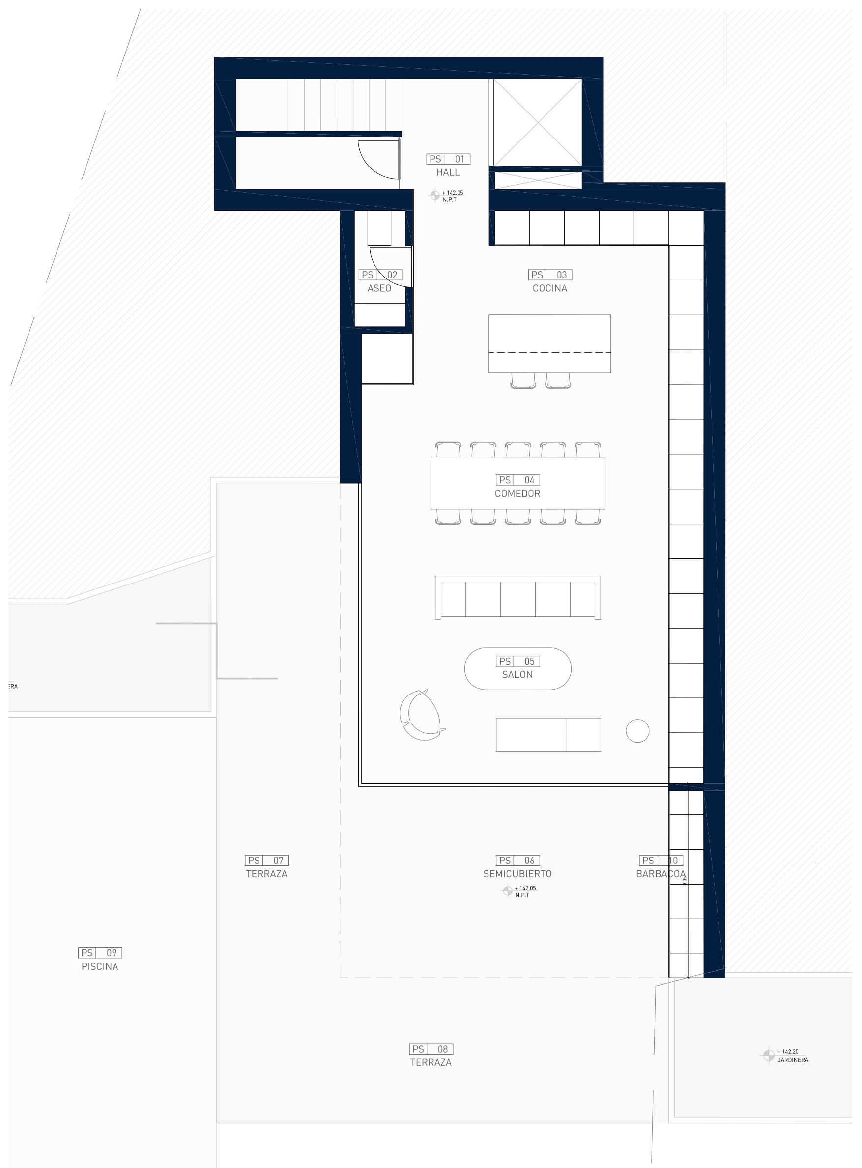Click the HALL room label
[x=448, y=172]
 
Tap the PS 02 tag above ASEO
[x=380, y=275]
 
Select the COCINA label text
[x=549, y=288]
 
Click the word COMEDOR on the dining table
[x=517, y=493]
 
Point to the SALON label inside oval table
[x=517, y=674]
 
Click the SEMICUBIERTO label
[x=517, y=874]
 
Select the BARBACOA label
[x=660, y=874]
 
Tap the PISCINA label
[x=100, y=966]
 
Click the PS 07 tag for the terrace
[x=267, y=861]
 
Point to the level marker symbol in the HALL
[x=434, y=195]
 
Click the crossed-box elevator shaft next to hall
[x=538, y=122]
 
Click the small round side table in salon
[x=637, y=730]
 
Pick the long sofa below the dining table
[x=517, y=598]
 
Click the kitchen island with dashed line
[x=549, y=344]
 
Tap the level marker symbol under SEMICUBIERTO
[x=507, y=891]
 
